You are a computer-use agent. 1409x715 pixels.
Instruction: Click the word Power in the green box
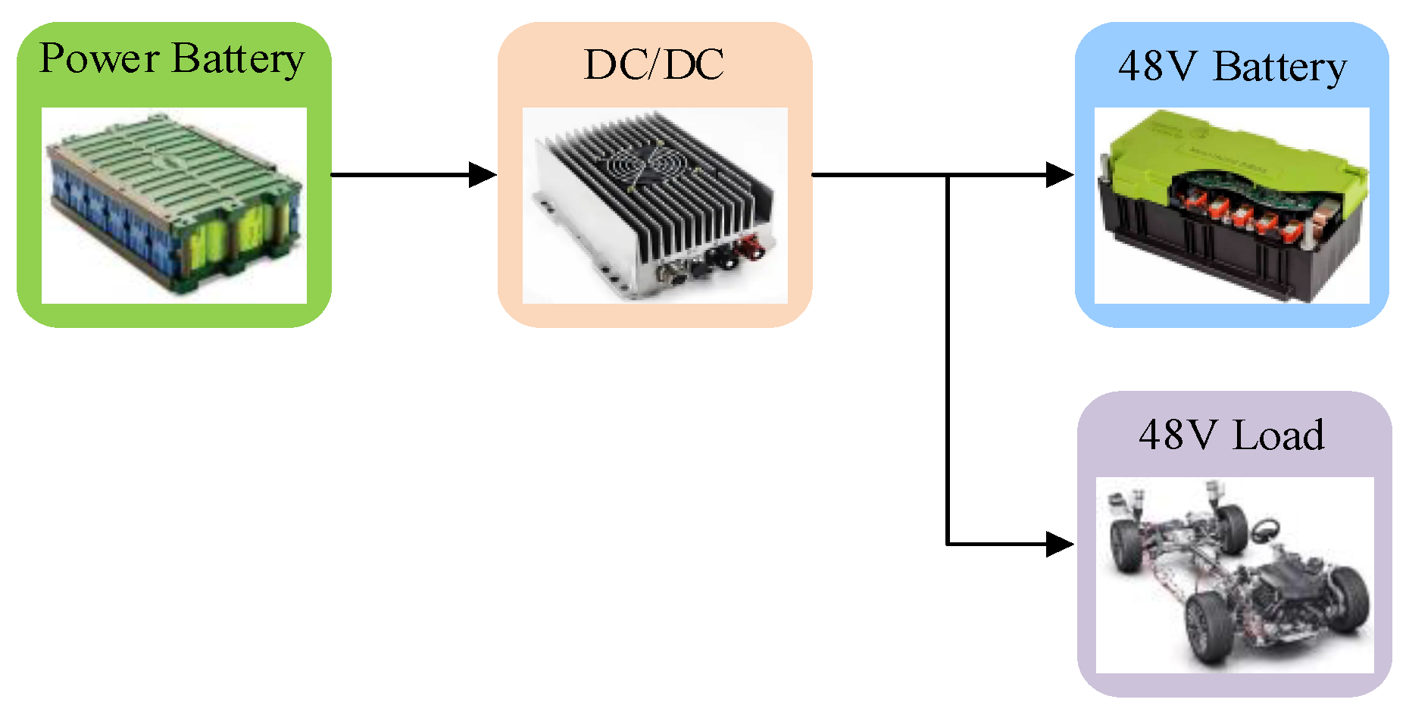point(99,58)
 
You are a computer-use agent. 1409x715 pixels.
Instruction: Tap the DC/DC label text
point(654,65)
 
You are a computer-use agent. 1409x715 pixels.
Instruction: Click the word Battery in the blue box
point(1280,68)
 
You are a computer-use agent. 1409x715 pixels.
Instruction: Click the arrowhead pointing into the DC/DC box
point(482,175)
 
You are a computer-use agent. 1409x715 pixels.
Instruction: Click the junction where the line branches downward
point(948,175)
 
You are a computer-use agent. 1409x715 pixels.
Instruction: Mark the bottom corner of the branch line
point(948,544)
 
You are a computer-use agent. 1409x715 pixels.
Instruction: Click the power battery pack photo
point(174,205)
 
